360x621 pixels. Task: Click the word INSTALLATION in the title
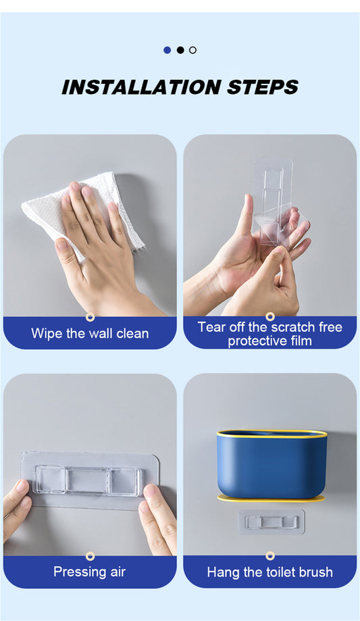(x=141, y=86)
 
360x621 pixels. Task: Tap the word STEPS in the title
(x=263, y=86)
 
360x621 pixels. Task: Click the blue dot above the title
(x=167, y=50)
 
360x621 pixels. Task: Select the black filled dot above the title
(x=180, y=50)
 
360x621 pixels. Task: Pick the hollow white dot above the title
(x=193, y=50)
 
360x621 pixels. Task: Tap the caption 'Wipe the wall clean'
(x=90, y=333)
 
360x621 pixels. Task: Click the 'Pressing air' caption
(x=90, y=572)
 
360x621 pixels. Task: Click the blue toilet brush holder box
(x=272, y=464)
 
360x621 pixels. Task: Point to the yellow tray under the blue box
(x=271, y=498)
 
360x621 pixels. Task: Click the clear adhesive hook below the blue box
(x=272, y=522)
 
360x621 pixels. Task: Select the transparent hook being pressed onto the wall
(x=90, y=480)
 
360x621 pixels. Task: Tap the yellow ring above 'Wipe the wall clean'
(x=90, y=317)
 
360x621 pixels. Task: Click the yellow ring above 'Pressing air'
(x=90, y=556)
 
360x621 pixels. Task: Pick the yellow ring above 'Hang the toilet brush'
(x=270, y=555)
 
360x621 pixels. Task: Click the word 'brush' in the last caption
(x=316, y=572)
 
